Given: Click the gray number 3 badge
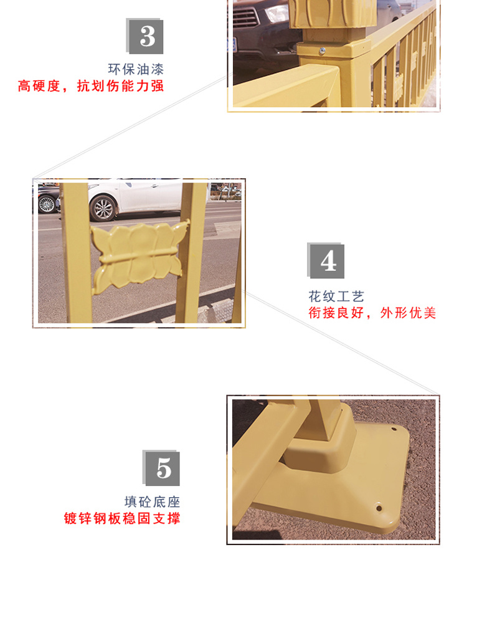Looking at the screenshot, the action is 145,36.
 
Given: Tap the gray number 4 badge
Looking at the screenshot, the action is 326,260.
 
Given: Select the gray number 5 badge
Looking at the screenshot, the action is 161,468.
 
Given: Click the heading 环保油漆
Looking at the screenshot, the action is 136,69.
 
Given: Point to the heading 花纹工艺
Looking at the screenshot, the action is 336,296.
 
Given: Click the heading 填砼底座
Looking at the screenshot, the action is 152,502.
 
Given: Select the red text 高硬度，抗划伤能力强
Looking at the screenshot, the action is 91,86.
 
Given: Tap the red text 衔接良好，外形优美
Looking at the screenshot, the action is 372,313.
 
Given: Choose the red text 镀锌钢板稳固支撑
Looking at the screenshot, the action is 122,518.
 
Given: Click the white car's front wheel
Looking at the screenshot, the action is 103,208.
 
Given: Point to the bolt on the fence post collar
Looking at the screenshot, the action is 323,51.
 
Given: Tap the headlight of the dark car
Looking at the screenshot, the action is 277,13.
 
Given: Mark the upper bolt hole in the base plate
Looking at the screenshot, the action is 394,429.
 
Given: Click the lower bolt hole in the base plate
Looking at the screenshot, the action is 379,507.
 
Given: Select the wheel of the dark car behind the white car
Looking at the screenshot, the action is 47,204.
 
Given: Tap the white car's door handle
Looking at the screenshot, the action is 154,186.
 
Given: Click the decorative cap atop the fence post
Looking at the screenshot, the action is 333,14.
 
